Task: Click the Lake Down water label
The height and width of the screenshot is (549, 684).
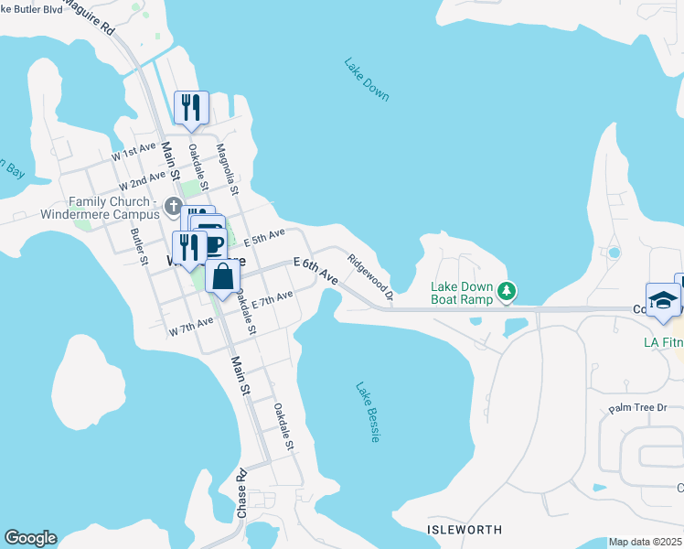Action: (367, 80)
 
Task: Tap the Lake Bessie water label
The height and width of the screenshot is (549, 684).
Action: (368, 412)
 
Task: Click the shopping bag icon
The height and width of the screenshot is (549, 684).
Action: (222, 276)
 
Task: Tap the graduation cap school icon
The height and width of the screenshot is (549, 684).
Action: (662, 300)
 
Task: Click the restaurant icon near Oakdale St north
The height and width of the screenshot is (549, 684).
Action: (191, 108)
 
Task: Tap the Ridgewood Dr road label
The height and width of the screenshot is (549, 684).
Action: (369, 277)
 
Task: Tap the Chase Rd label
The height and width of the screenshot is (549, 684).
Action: (242, 495)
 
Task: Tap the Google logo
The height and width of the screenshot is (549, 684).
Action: (30, 538)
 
